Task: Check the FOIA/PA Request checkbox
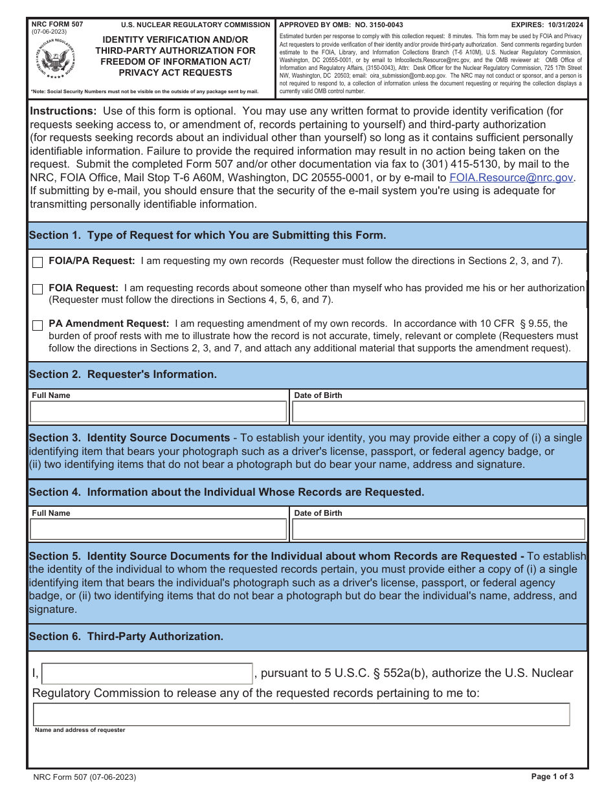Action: click(38, 262)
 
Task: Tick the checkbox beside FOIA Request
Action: click(38, 289)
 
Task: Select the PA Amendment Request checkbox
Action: click(38, 325)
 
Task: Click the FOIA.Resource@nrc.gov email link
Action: click(511, 177)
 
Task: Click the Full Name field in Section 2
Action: click(158, 412)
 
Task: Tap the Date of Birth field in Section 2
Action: click(438, 412)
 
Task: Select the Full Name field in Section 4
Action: click(158, 529)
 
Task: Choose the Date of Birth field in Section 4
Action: click(438, 529)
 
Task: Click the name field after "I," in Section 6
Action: click(147, 674)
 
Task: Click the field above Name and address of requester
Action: click(301, 714)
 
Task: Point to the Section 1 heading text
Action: click(207, 236)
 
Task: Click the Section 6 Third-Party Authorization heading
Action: click(126, 637)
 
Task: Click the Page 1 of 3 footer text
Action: click(552, 777)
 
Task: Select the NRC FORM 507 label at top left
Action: click(57, 24)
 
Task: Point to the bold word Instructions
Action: click(63, 111)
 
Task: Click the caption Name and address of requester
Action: click(80, 730)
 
